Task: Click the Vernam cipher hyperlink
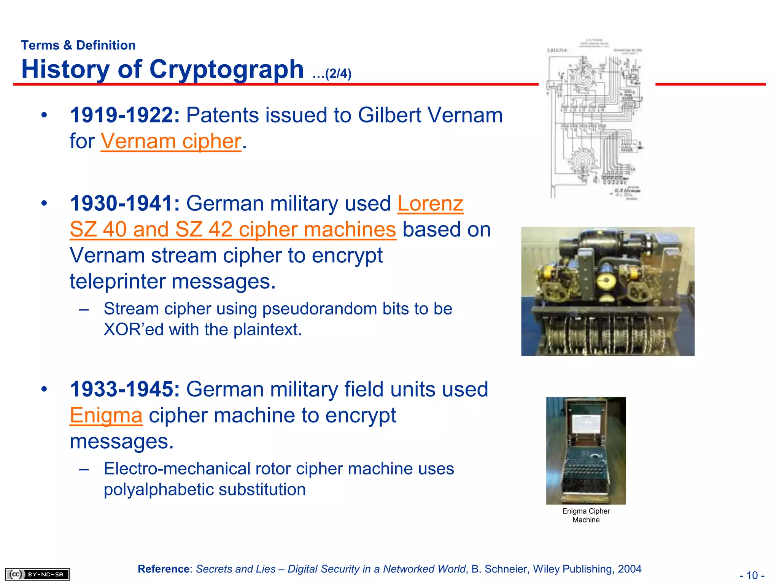171,141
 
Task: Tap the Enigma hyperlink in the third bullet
106,415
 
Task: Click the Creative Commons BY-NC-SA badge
37,574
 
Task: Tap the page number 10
752,575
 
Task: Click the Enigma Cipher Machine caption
586,516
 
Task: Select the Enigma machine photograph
586,451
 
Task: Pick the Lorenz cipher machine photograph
607,291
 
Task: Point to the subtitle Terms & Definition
78,45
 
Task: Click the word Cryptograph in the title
227,70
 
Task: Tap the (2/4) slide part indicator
338,73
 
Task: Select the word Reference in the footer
164,569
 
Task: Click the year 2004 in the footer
630,569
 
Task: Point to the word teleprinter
118,281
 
